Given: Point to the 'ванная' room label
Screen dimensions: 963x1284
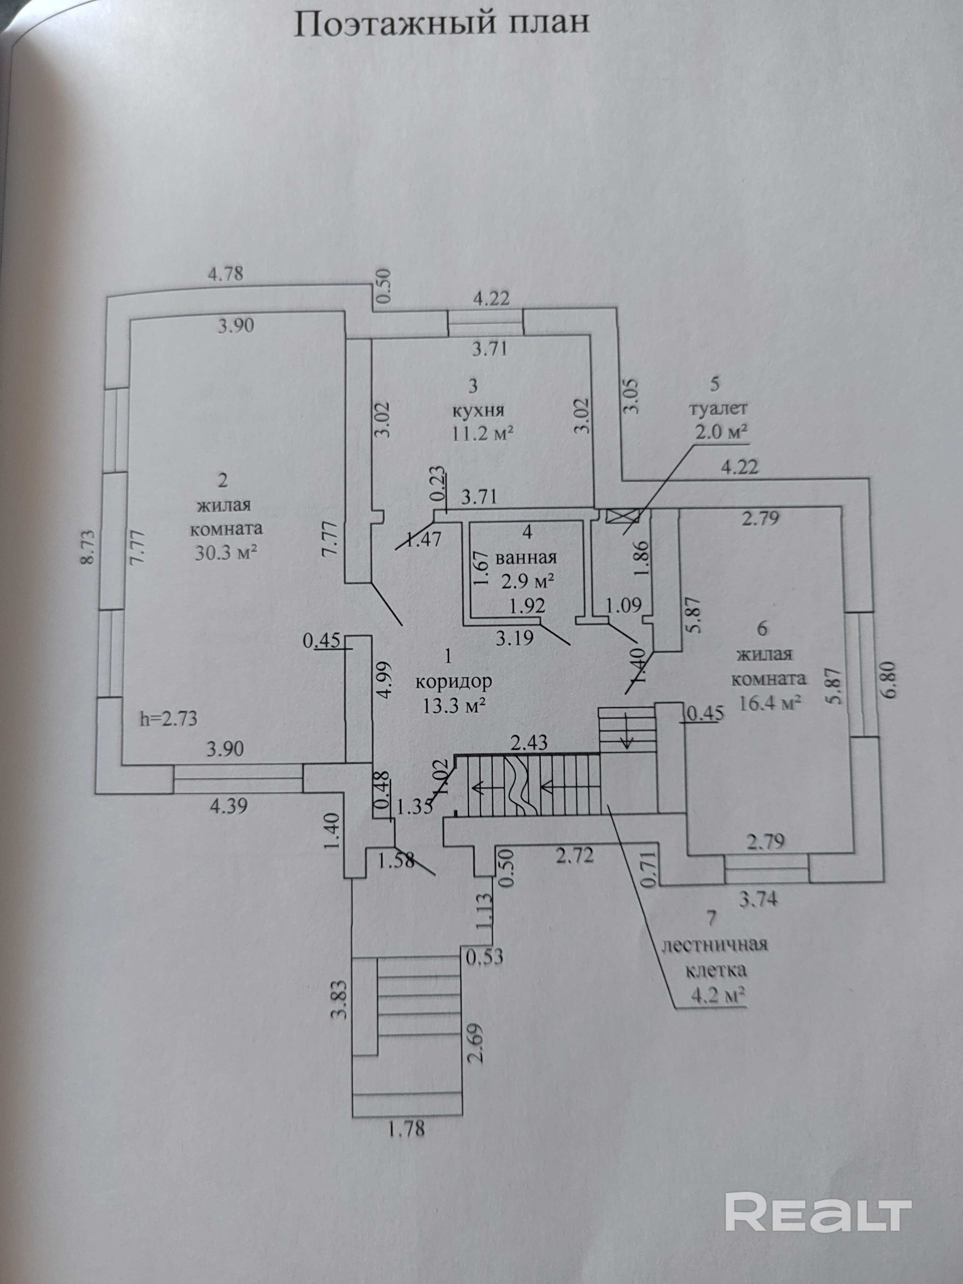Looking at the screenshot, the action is point(526,557).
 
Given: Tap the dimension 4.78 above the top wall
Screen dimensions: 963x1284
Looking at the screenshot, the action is point(226,273).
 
